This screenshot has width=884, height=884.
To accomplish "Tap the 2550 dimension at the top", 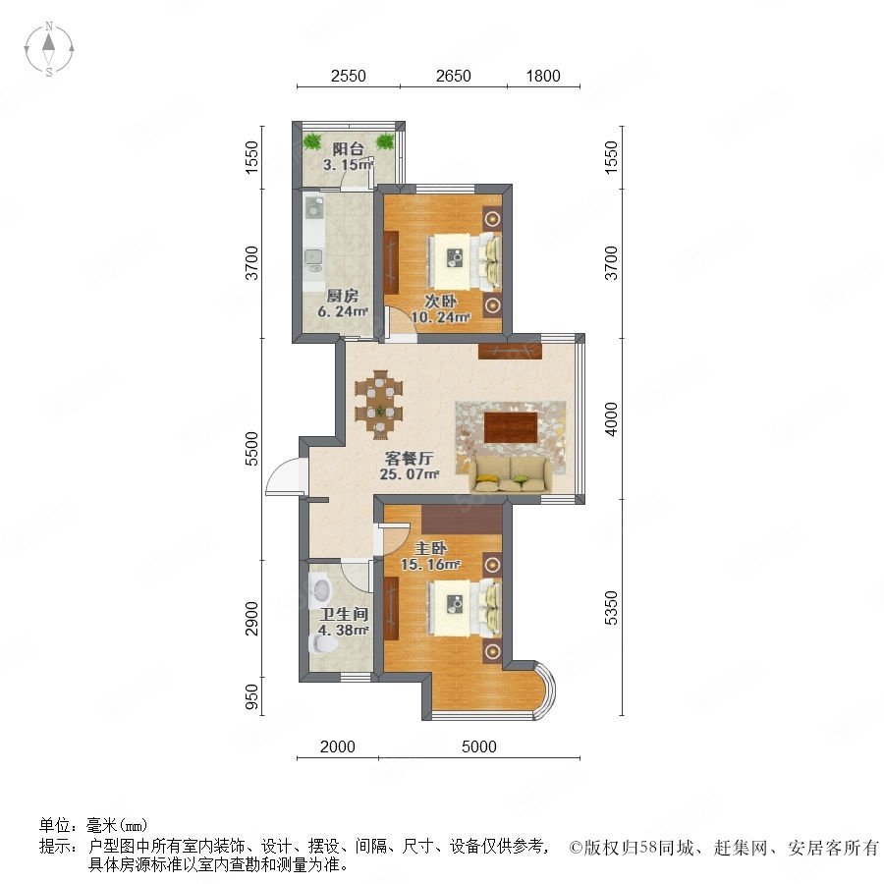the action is point(349,76).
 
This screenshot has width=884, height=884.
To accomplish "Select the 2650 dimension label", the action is point(453,76).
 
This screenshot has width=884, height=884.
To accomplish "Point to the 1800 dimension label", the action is point(543,76).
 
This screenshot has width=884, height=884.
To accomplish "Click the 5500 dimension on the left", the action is point(252,448).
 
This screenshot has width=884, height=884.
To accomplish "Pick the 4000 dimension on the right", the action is point(611,418).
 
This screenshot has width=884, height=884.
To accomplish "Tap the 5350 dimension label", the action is point(611,608).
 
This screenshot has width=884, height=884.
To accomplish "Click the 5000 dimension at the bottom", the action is point(479,746).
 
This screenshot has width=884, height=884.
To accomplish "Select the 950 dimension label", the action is point(252,696).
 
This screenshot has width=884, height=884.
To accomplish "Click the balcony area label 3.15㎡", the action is point(348,165).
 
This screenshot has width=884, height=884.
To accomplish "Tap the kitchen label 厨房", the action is point(342,296).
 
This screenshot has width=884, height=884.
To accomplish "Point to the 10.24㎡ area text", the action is point(440,317).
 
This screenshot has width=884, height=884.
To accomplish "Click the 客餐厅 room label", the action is point(409,458).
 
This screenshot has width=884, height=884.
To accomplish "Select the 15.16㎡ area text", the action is point(430,564).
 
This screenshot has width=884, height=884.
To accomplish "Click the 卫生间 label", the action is point(344,614).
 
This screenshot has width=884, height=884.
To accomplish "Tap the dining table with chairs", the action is point(379,405).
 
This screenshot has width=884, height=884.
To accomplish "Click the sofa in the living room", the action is point(511,474).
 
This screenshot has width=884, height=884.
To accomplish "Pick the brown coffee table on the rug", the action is point(511,428).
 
